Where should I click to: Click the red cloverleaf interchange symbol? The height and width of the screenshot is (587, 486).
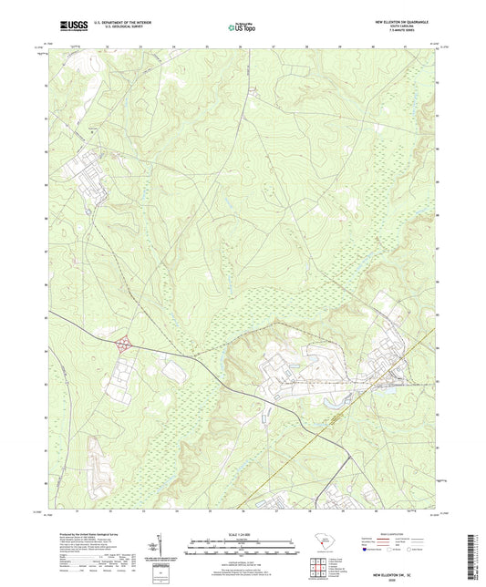(124, 344)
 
